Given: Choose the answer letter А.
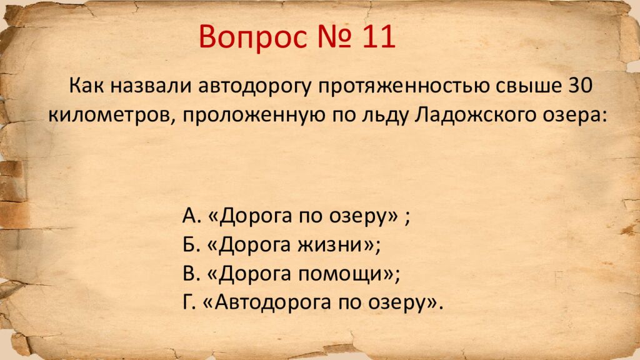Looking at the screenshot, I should click(x=189, y=216).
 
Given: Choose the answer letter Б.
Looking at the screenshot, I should click(x=189, y=245).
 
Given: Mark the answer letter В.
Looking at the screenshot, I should click(x=189, y=274).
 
